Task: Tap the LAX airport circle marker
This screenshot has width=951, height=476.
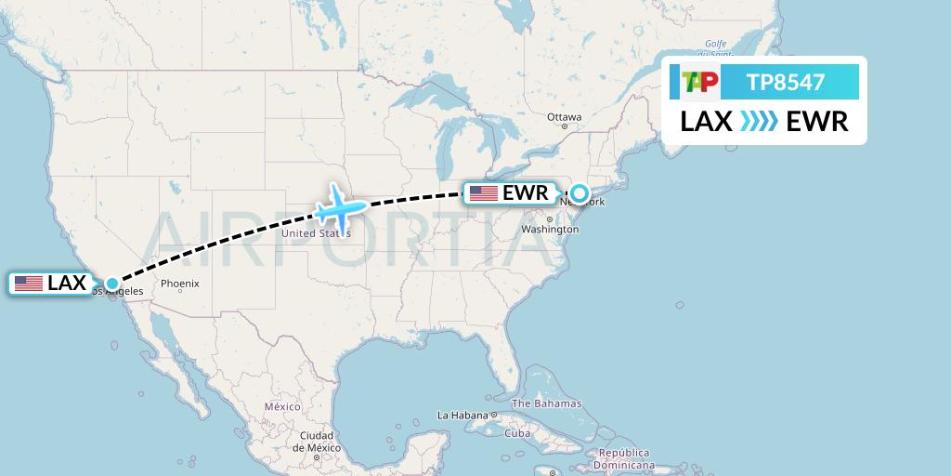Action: coord(112,284)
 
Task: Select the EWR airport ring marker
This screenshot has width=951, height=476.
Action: coord(580,193)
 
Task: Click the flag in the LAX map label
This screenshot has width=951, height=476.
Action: coord(29,284)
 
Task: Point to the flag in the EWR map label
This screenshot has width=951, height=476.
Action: coord(483,193)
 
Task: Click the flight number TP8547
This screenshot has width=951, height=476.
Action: coord(786,83)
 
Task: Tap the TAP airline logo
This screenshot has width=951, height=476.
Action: coord(699,83)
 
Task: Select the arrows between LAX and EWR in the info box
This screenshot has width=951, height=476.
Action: coord(760,122)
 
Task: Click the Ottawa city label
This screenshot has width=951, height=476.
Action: coord(564,117)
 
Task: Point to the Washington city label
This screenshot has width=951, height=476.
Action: coord(550,229)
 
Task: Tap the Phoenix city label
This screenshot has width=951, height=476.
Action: coord(179,284)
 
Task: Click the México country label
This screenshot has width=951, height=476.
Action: coord(282,407)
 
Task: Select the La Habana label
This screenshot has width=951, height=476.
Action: coord(462,415)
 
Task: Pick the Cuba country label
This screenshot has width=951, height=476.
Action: coord(516,433)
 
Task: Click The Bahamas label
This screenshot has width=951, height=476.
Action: coord(546,403)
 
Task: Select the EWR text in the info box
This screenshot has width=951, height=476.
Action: coord(817,122)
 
